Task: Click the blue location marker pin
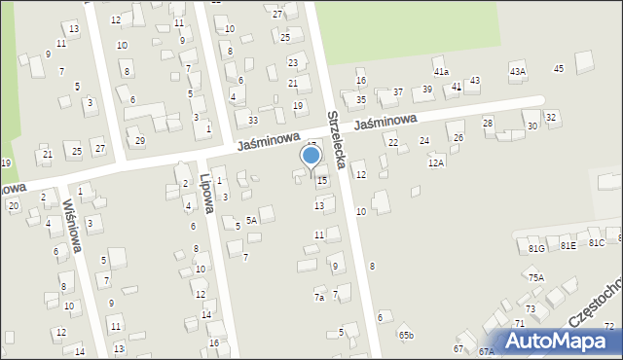pos(311,158)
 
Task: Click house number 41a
pos(441,72)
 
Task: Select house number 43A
pos(517,71)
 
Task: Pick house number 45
pos(558,68)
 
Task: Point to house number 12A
pos(435,162)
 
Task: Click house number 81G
pos(536,249)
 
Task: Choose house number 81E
pos(568,246)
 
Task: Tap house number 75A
pos(535,277)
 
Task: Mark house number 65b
pos(406,336)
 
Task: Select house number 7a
pos(318,297)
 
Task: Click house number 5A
pos(251,221)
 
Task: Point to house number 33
pos(252,120)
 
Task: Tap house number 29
pos(140,141)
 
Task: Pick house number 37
pos(397,91)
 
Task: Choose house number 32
pos(551,117)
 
